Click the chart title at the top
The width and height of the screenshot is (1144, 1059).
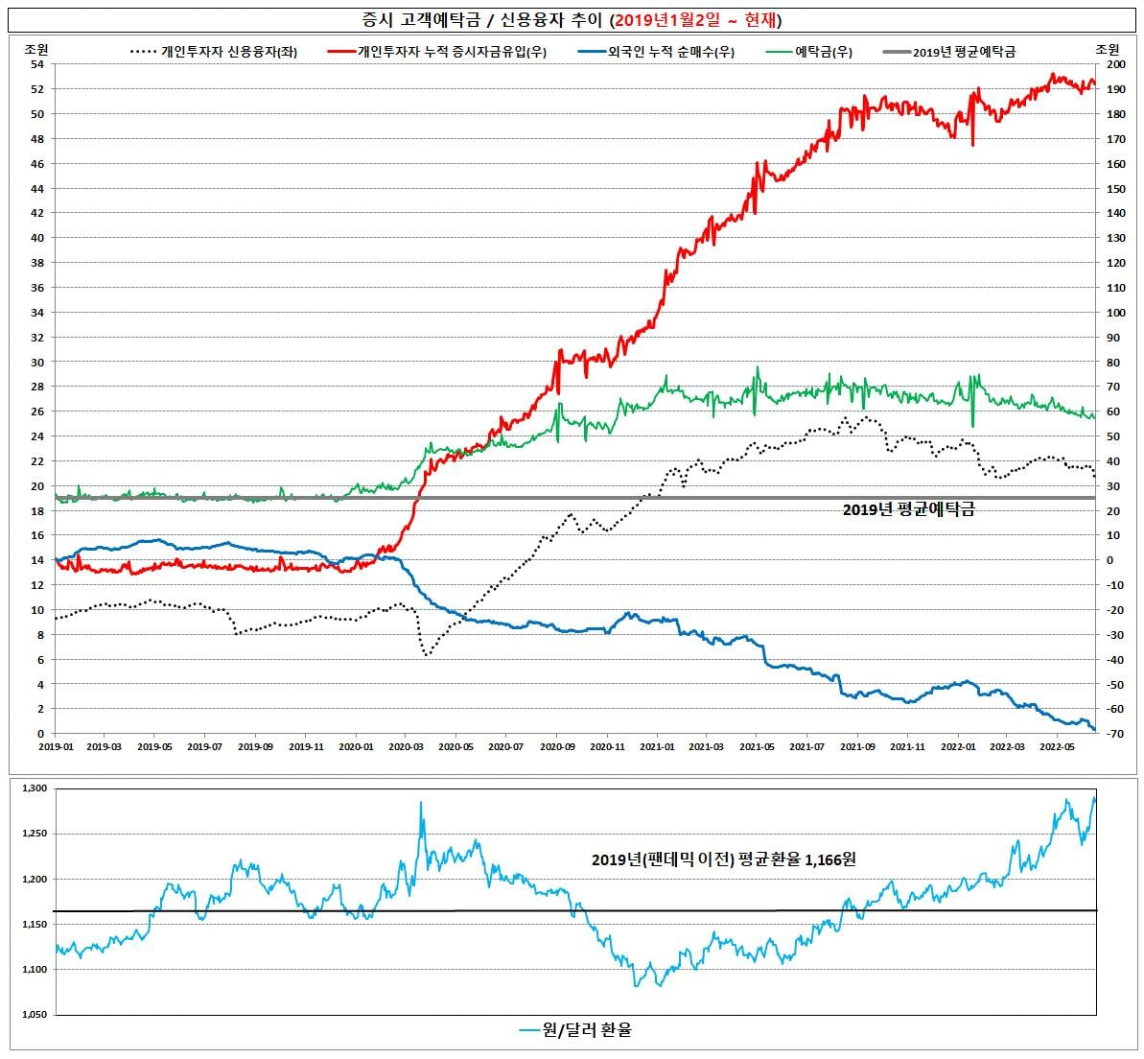[572, 20]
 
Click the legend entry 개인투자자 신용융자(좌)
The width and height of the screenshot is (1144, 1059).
[214, 52]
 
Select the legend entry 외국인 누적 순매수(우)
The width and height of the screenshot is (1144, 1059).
[656, 52]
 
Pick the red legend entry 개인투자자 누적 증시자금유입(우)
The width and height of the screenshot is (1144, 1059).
[437, 52]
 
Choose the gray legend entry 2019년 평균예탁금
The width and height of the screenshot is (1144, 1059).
[948, 52]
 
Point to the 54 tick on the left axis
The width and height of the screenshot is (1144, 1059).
[36, 64]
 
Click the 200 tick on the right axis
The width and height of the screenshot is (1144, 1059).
[1115, 64]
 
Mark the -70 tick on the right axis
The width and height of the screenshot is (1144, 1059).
[1114, 734]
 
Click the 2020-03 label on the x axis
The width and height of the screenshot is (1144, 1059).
[406, 746]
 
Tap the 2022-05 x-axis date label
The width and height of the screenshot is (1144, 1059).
[1057, 746]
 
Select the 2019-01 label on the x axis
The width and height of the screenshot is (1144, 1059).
[56, 746]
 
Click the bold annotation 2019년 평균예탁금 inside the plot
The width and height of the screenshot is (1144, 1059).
[908, 509]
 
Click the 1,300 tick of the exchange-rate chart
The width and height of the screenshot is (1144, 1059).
[35, 788]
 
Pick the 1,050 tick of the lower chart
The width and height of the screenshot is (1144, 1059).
[35, 1015]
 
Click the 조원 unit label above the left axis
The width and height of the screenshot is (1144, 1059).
[35, 49]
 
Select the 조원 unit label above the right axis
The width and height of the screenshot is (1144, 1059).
[1107, 49]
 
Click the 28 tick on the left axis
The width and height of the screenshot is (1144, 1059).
[36, 386]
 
